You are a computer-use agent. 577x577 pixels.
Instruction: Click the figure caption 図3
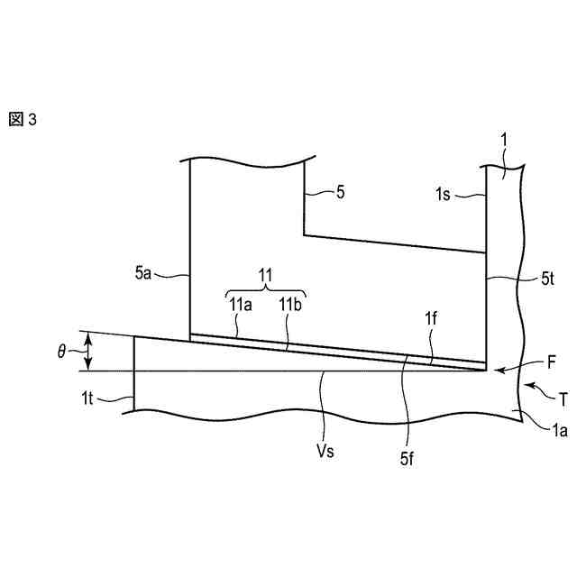click(x=23, y=120)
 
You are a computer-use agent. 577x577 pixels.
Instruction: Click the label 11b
click(x=290, y=305)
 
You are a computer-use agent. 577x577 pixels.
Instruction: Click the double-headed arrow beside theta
click(x=87, y=352)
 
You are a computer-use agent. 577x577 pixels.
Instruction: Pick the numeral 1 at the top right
click(x=504, y=141)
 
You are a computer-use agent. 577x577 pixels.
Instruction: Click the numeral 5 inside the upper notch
click(x=339, y=193)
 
